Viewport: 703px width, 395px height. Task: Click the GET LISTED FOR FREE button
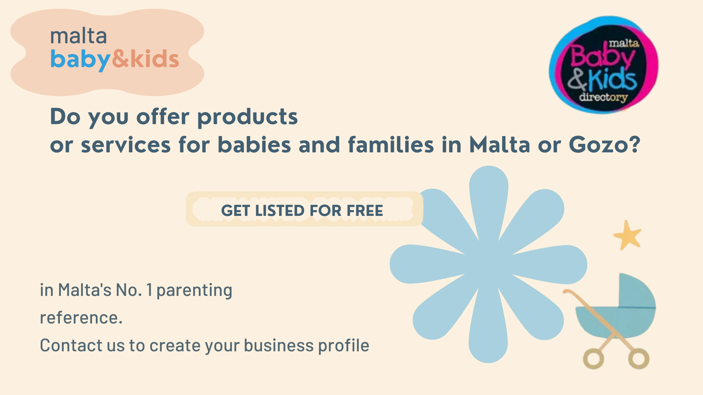click(304, 209)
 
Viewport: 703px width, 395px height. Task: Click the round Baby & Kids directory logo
click(603, 65)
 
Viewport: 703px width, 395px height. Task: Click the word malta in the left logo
click(79, 36)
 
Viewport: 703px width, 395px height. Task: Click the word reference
click(81, 318)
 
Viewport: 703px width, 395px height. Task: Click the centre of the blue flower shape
click(489, 264)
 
